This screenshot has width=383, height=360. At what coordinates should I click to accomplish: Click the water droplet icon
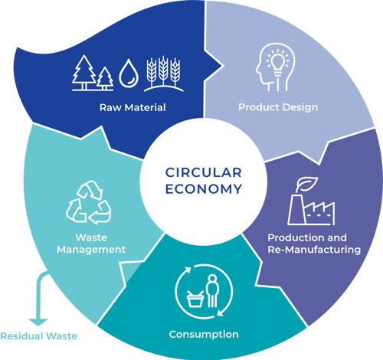pyautogui.click(x=129, y=74)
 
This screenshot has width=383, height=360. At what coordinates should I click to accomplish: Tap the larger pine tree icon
pyautogui.click(x=84, y=72)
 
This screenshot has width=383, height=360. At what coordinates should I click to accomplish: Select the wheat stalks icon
pyautogui.click(x=163, y=74)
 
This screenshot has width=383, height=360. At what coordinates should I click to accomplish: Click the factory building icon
pyautogui.click(x=311, y=210)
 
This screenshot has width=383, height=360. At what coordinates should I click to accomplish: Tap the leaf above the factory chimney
pyautogui.click(x=306, y=184)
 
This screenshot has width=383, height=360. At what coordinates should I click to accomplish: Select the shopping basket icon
pyautogui.click(x=195, y=299)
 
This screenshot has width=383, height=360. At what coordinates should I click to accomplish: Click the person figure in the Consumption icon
pyautogui.click(x=212, y=291)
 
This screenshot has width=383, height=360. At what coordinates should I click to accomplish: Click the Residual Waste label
pyautogui.click(x=39, y=336)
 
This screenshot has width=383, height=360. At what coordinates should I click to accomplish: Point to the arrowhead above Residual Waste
pyautogui.click(x=38, y=322)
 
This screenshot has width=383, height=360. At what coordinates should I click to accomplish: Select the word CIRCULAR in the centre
pyautogui.click(x=204, y=172)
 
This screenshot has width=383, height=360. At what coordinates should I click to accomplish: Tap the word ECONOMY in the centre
pyautogui.click(x=204, y=189)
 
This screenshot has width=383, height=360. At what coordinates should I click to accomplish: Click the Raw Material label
pyautogui.click(x=133, y=107)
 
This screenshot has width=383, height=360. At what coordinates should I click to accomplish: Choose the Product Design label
pyautogui.click(x=278, y=107)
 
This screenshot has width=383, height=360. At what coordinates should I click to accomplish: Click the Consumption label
pyautogui.click(x=204, y=335)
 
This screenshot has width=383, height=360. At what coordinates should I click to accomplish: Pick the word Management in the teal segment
pyautogui.click(x=91, y=250)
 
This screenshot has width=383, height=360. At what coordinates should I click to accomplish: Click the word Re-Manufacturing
pyautogui.click(x=314, y=250)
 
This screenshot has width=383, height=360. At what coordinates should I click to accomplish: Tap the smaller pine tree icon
pyautogui.click(x=105, y=78)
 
